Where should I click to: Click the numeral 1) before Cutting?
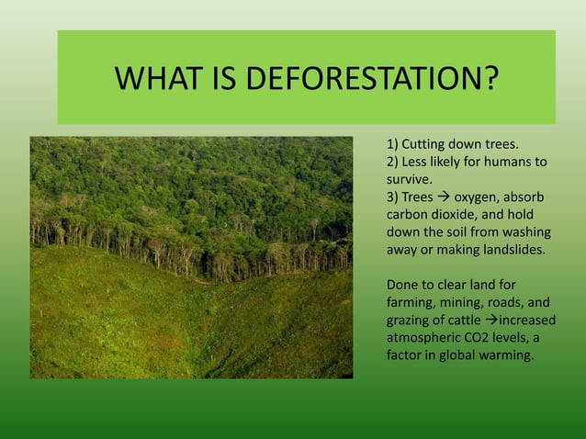point(393,144)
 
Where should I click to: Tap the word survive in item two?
point(407,179)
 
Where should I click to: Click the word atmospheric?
point(423,337)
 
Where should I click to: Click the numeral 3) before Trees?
point(393,197)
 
